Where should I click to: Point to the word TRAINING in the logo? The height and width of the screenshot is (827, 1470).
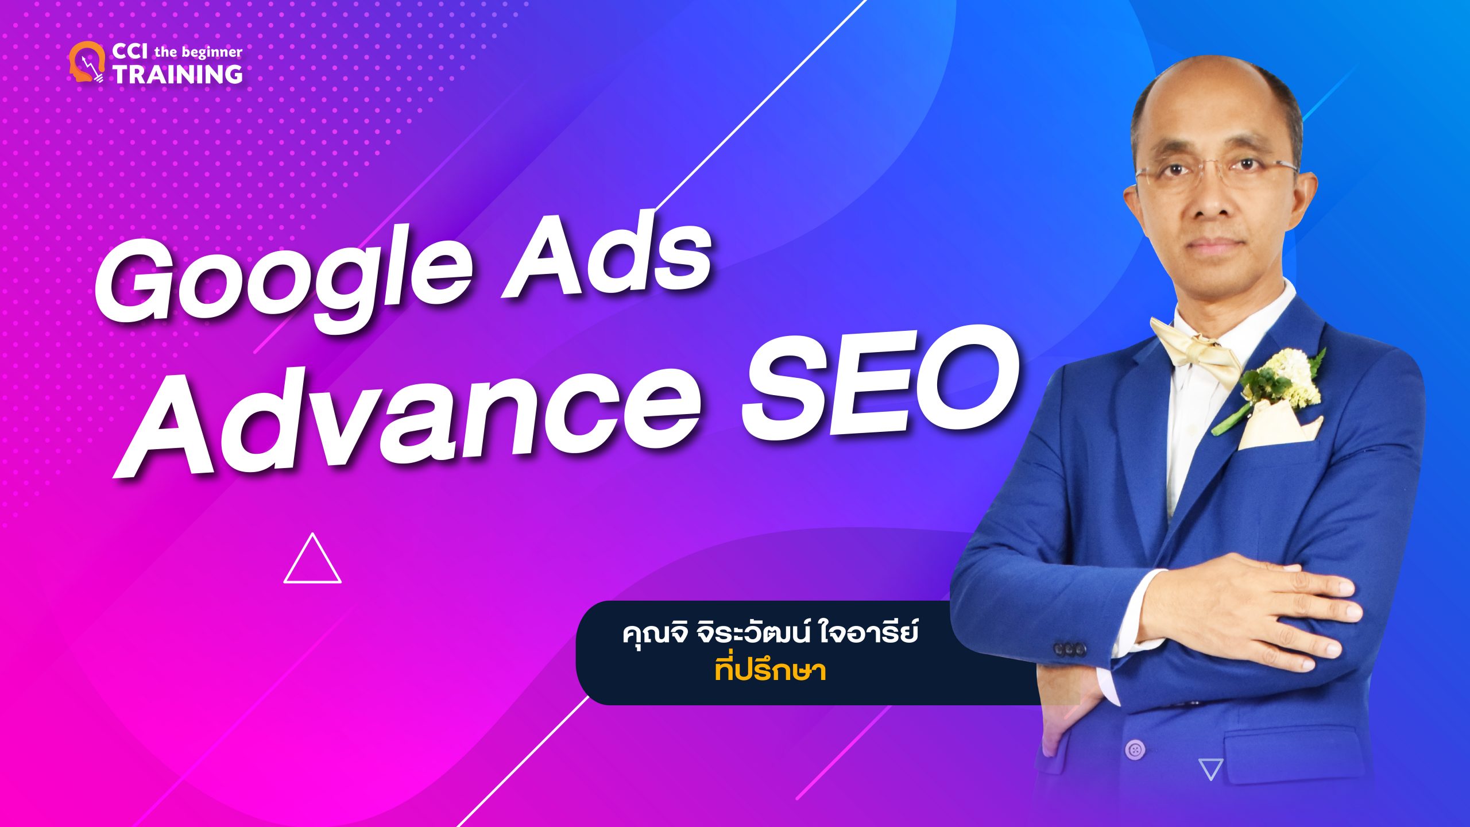[x=177, y=74]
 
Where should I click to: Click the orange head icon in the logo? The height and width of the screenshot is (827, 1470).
[x=87, y=62]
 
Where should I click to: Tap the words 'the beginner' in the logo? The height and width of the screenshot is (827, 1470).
[x=198, y=52]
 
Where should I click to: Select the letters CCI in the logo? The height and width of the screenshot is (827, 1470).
[x=130, y=51]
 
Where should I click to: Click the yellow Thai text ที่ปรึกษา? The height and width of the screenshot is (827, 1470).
[x=770, y=670]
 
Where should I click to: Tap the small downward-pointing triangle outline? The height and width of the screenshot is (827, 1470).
[x=1210, y=768]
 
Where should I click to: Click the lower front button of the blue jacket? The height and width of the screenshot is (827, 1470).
[x=1135, y=749]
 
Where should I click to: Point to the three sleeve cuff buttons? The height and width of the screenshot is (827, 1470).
[x=1069, y=649]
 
